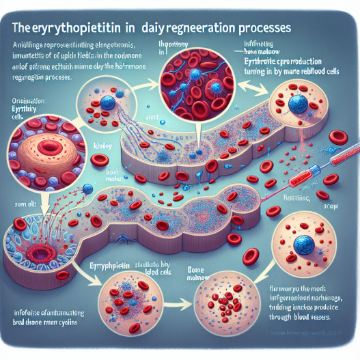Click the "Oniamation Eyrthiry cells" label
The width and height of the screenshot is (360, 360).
pyautogui.click(x=20, y=110)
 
